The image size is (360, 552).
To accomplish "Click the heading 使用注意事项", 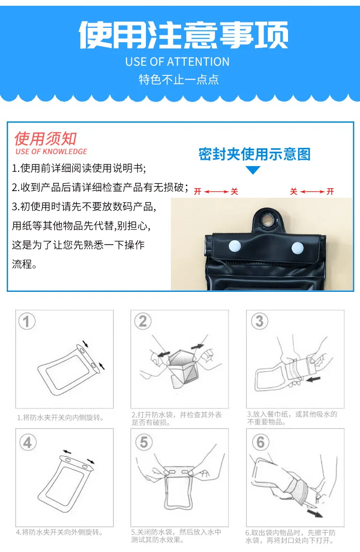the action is coord(183,35).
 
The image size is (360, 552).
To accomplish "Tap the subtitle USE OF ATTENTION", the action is coord(178,62).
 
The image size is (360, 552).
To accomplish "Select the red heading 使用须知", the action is coord(46,138).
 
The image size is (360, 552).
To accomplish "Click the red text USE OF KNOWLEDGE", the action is coord(51,152).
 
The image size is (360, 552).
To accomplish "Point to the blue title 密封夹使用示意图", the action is coord(254,154).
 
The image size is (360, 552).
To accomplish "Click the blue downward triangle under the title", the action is coord(253,170).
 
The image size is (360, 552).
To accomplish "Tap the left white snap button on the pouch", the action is coord(235,246).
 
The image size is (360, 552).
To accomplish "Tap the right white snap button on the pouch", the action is coord(298,248).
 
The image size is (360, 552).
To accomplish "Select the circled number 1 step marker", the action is coord(27,321).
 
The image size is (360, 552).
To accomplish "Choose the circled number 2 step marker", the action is coord(143,321).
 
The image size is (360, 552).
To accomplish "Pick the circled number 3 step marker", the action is coord(260,321).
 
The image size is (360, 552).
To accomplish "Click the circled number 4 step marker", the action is coord(28,442).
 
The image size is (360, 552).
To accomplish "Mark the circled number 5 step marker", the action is coord(144,442).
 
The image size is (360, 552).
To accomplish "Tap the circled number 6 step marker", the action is coord(261,442).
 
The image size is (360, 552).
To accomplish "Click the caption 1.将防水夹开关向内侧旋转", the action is coord(60,418).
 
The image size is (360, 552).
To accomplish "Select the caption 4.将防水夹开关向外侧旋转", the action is coord(60,532).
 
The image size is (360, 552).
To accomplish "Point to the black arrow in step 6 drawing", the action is coord(314,513).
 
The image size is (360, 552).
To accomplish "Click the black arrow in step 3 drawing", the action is coord(313,380).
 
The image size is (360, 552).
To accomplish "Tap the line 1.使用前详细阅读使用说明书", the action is coord(79,168).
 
